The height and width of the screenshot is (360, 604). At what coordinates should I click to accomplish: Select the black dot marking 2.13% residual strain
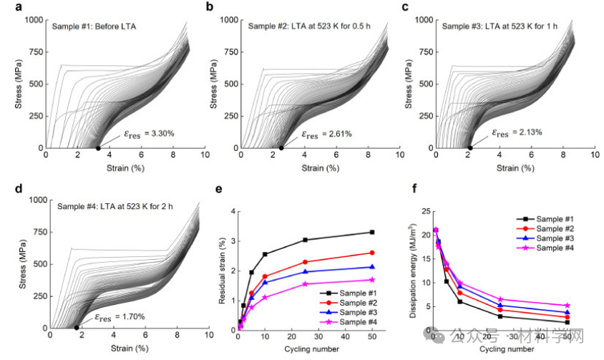(469, 148)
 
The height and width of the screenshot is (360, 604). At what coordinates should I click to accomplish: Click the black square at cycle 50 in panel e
(371, 232)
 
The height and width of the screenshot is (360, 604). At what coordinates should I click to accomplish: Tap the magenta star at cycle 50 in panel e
(371, 280)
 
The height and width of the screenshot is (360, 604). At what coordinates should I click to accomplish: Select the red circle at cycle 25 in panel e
(305, 262)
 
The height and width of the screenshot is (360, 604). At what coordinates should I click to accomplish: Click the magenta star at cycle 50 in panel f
(567, 306)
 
